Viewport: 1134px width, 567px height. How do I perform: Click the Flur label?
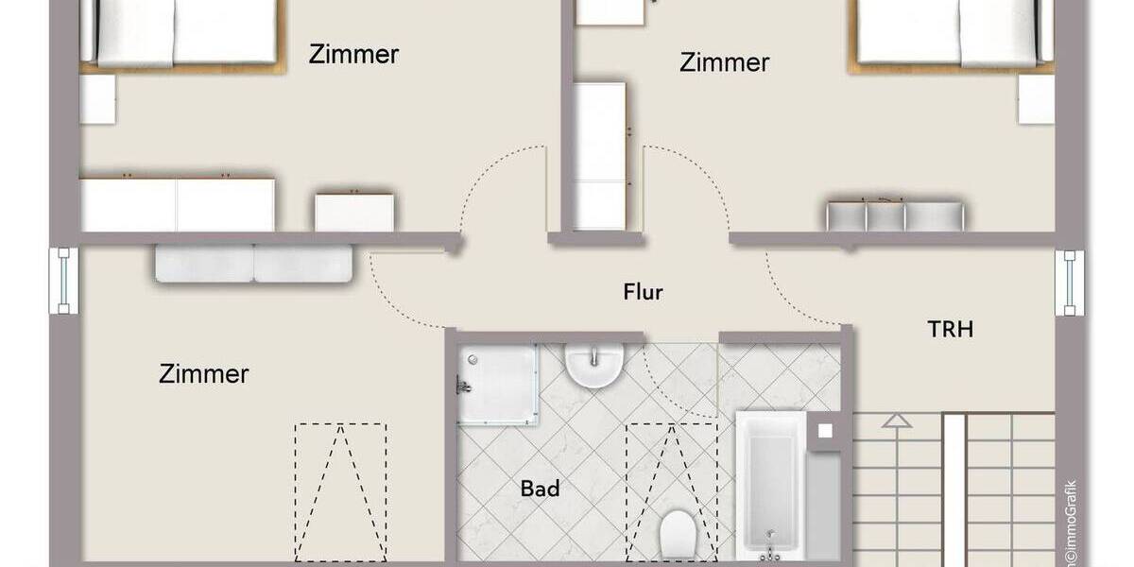643,292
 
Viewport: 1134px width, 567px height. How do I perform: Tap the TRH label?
950,330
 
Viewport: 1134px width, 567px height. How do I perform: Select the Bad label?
540,489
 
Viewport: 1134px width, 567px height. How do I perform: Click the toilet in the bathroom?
677,533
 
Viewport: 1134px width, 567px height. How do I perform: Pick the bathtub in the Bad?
771,484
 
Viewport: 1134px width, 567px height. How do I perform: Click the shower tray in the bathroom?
498,383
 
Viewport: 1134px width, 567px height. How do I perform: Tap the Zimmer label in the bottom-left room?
203,374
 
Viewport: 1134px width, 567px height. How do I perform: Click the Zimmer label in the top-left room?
353,55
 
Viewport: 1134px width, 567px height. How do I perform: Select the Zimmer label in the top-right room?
724,63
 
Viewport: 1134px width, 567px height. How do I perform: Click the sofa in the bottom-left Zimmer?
253,263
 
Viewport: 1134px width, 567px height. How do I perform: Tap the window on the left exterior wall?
63,282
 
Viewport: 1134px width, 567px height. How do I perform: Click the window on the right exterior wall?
1071,283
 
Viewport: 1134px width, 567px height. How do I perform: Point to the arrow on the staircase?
897,421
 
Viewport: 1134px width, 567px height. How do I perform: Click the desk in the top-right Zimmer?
895,215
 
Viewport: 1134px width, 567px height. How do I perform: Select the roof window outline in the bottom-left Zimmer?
340,491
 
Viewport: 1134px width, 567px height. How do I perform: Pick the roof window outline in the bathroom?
672,472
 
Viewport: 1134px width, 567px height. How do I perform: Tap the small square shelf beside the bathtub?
824,430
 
